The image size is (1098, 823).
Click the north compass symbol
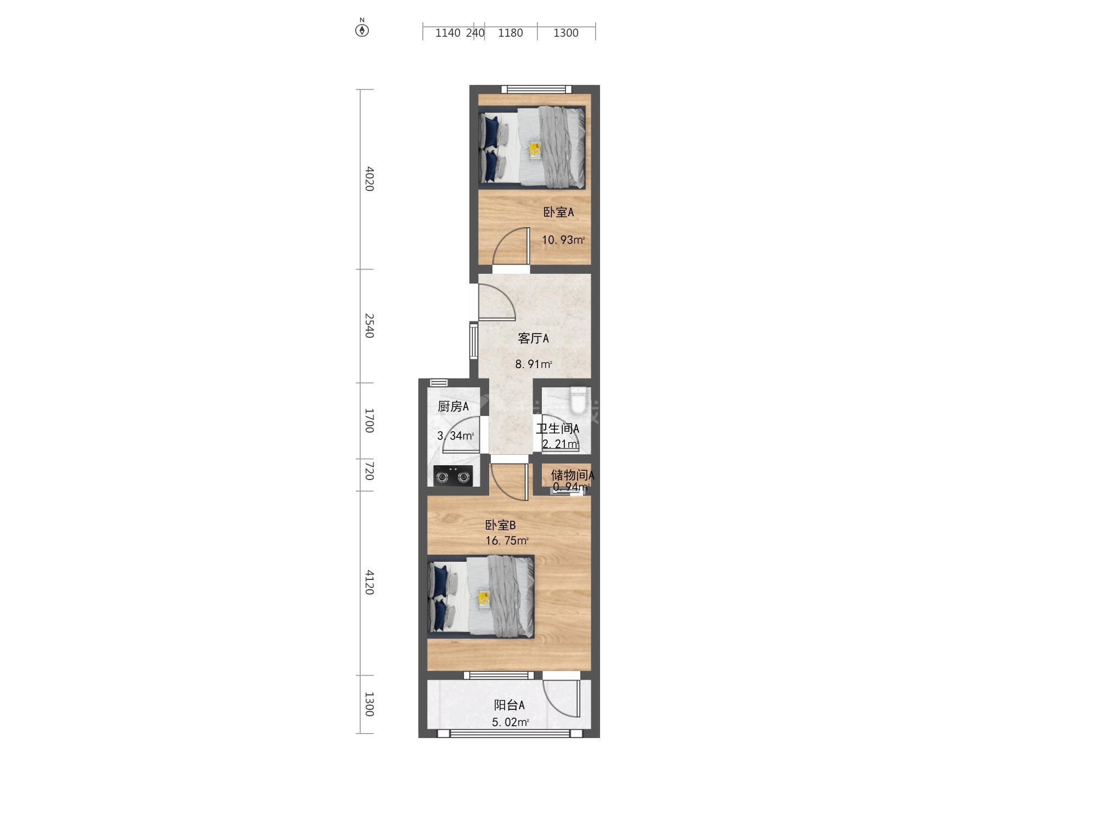point(362,29)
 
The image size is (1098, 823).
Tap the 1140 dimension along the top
point(447,33)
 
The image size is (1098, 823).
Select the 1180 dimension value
point(510,33)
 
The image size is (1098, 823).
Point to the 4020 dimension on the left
point(369,179)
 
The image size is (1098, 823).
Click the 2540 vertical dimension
point(369,325)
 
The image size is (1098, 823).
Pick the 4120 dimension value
point(369,582)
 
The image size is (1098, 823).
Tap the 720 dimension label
point(369,471)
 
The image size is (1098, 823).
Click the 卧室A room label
point(558,212)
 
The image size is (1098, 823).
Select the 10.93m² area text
point(563,240)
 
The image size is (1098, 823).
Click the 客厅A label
point(533,339)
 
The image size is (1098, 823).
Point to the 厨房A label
point(453,407)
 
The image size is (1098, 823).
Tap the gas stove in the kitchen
point(453,476)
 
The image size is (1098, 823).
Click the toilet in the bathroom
point(579,401)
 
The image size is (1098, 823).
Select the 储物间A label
point(573,475)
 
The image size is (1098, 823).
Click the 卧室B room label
point(500,526)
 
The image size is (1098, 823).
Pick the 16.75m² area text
point(507,540)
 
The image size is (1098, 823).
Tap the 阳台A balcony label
point(509,706)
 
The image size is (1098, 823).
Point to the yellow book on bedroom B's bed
point(484,599)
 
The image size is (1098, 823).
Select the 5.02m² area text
point(510,722)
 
